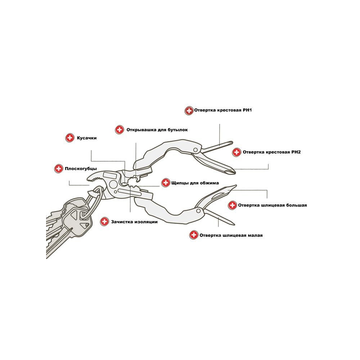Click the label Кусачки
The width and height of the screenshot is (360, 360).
coord(86,138)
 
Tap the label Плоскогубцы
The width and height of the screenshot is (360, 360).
coord(81,169)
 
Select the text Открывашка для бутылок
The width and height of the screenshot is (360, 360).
coord(157,130)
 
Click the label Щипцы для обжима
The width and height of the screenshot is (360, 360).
coord(195,183)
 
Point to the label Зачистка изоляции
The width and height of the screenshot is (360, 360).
coord(134,222)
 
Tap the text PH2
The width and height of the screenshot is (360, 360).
coord(296,152)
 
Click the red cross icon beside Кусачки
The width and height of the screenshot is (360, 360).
coord(70,138)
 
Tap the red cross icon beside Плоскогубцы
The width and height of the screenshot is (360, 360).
coord(59,169)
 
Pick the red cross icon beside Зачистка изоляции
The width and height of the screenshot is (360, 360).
coord(104,221)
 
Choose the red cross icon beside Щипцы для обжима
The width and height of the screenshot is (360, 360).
coord(166,183)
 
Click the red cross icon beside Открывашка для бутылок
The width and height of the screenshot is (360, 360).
coord(120,130)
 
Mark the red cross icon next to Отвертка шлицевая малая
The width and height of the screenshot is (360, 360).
coord(194,235)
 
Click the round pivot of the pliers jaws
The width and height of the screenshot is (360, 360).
coord(113,184)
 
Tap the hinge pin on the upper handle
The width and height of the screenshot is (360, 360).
coord(195,150)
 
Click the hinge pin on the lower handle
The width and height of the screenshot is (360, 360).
coord(198,211)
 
